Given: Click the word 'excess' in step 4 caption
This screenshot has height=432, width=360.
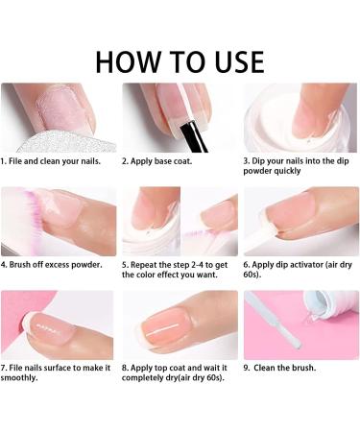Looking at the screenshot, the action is pyautogui.click(x=57, y=265).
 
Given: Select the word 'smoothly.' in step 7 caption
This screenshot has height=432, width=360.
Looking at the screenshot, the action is pyautogui.click(x=19, y=378).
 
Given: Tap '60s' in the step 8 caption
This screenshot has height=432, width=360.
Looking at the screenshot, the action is pyautogui.click(x=213, y=378).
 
